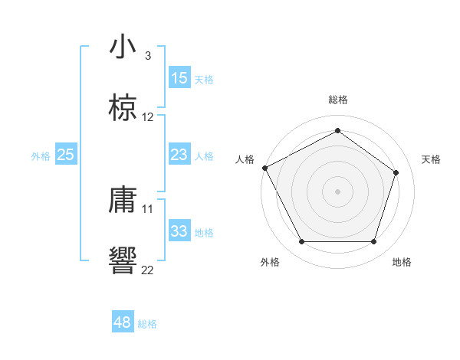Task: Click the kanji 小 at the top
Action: click(x=123, y=47)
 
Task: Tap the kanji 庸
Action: click(x=123, y=201)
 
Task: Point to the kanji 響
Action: click(x=123, y=260)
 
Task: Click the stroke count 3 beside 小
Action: click(x=148, y=56)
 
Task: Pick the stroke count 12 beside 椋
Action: click(x=148, y=117)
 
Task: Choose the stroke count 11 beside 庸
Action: click(x=148, y=208)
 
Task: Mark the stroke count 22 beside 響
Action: click(x=148, y=269)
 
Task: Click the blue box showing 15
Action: click(x=179, y=78)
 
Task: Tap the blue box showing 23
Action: click(x=179, y=155)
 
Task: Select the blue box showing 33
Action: click(x=179, y=231)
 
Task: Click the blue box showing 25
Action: click(x=66, y=155)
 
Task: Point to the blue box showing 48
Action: click(x=123, y=322)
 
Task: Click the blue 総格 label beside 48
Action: click(x=147, y=324)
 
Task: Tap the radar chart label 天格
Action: click(x=431, y=159)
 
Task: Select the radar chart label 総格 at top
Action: click(x=337, y=100)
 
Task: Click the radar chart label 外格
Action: click(x=270, y=262)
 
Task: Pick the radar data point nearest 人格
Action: click(x=264, y=167)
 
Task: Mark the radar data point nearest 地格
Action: click(x=373, y=242)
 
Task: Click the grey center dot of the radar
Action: click(x=337, y=191)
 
